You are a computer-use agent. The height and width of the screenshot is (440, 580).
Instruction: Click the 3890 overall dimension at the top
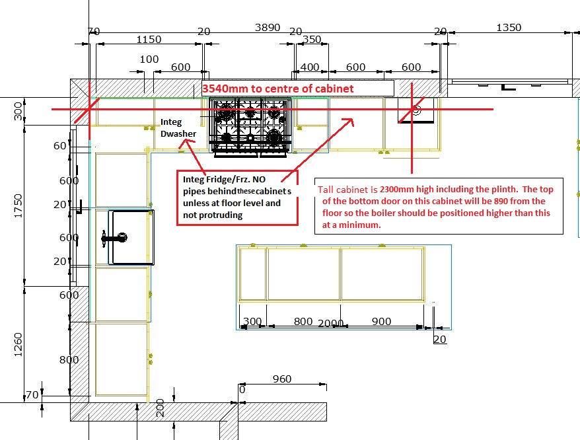268,27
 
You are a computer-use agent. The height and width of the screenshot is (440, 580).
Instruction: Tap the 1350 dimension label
509,27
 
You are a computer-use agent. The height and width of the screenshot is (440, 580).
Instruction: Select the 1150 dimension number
149,39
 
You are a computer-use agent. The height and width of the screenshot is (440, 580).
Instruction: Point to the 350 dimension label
312,39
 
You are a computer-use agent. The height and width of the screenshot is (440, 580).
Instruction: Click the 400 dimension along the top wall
310,67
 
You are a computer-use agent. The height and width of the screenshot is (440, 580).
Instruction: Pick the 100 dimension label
149,59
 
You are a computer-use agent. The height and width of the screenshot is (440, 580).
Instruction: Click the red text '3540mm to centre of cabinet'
278,89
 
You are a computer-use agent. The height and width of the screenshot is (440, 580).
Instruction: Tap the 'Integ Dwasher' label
178,128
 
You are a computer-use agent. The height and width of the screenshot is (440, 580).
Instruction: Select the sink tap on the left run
114,238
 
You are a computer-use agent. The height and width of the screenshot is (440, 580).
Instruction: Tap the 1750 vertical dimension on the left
18,205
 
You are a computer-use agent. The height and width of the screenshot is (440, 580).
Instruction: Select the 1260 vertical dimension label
18,345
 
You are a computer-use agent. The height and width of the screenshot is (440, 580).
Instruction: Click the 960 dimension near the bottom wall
282,379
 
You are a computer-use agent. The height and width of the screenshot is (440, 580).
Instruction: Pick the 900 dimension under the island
381,321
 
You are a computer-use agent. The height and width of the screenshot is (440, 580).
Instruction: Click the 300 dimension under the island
252,321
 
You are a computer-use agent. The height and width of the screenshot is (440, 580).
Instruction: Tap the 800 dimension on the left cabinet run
69,359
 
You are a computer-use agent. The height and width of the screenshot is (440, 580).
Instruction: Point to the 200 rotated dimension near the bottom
160,408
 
